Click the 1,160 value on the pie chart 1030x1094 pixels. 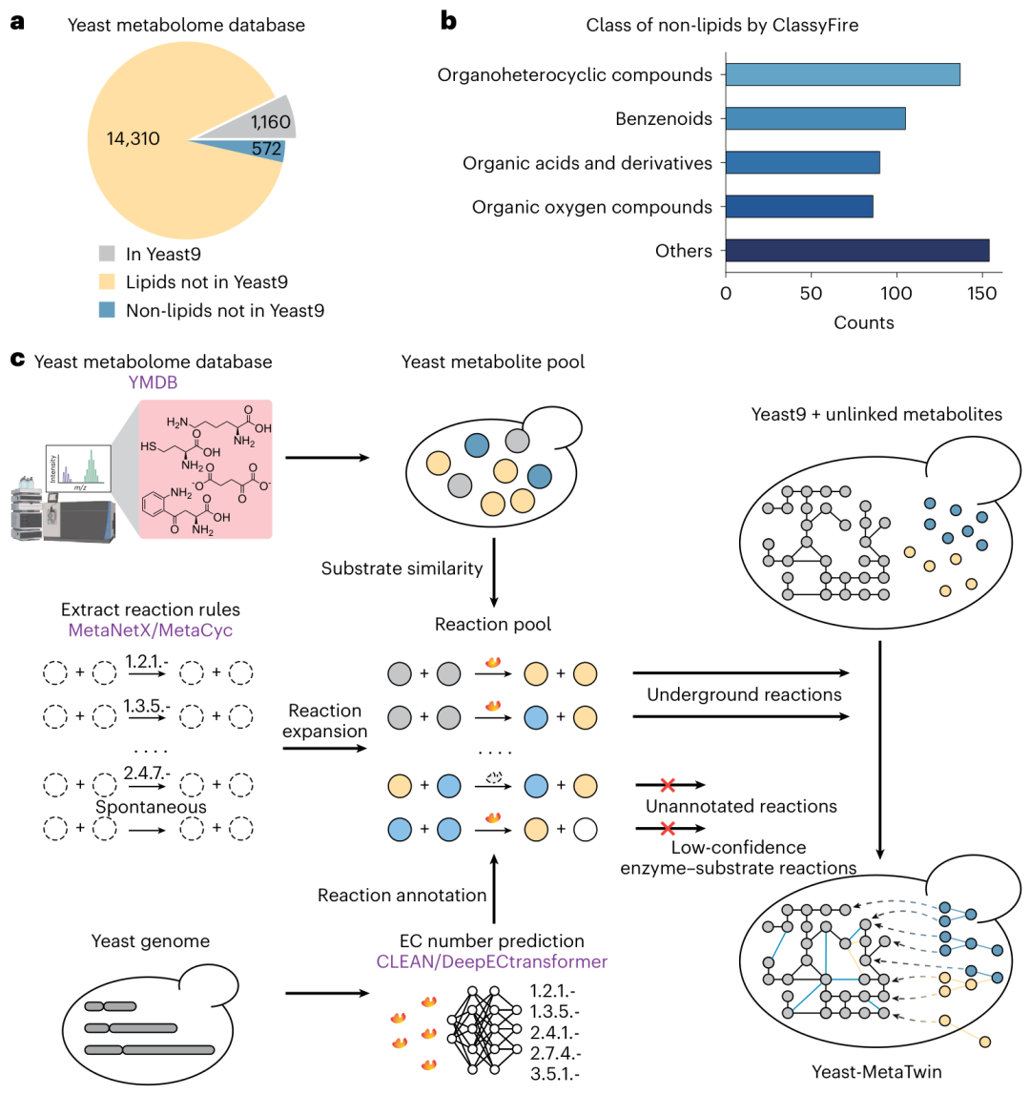tap(271, 122)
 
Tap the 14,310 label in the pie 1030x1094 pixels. tap(133, 139)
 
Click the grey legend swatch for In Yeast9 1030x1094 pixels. tap(107, 254)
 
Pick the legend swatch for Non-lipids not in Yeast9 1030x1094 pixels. tap(107, 310)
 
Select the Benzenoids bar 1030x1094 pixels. tap(815, 118)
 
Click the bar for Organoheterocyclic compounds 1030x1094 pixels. tap(842, 74)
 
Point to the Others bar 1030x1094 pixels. tap(857, 251)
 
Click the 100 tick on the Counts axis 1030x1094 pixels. tap(896, 293)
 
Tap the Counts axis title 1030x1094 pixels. tap(864, 322)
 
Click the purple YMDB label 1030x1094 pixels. tap(153, 382)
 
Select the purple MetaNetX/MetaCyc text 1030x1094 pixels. tap(151, 630)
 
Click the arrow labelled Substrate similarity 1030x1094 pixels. tap(494, 572)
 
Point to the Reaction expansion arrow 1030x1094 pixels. tap(324, 749)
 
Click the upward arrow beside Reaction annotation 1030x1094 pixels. tap(494, 889)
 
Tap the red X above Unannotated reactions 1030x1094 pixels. tap(668, 785)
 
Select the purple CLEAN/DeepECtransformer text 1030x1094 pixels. tap(492, 961)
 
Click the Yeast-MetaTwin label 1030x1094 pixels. tap(876, 1072)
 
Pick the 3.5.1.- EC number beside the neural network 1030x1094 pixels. tap(555, 1074)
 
